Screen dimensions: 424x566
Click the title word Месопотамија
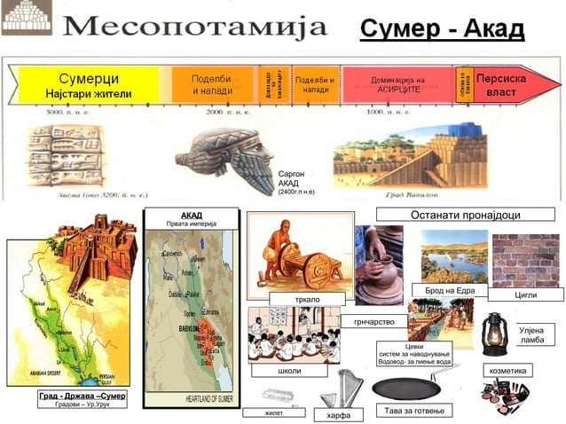coord(196,26)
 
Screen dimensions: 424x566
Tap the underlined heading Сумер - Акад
coord(442,29)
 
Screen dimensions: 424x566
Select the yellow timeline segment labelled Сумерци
coord(89,85)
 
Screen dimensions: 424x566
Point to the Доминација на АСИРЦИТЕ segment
coord(397,85)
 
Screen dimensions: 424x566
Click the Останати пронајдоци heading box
coord(465,215)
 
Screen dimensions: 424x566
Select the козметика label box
coord(508,369)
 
